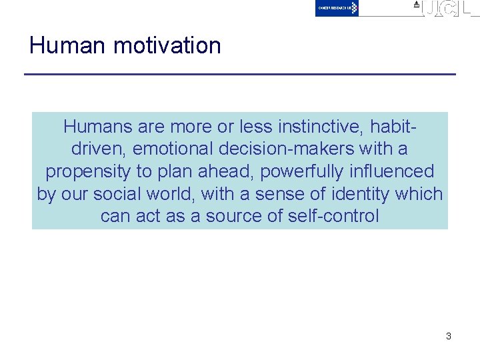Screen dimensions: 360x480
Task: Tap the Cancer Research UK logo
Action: (x=337, y=8)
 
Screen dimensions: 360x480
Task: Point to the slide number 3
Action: (x=448, y=336)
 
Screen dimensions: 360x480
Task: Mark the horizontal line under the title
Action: (x=240, y=73)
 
